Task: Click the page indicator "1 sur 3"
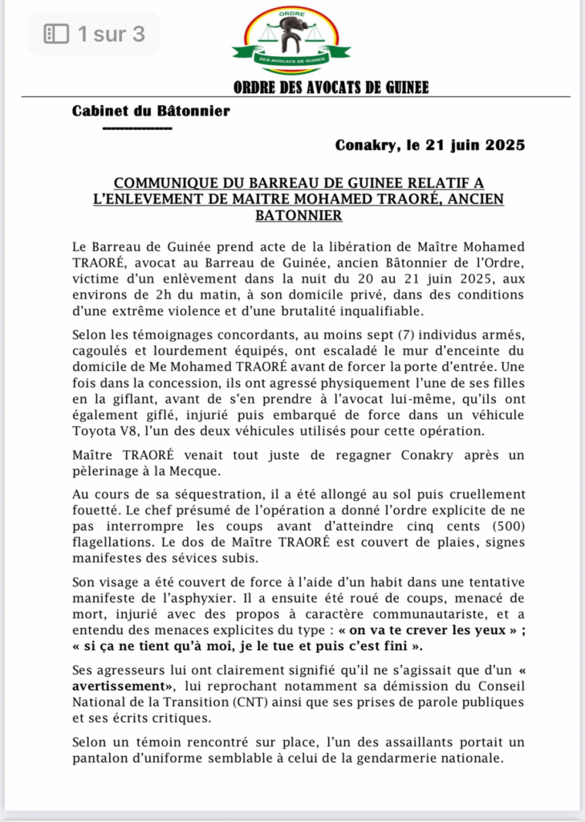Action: click(x=111, y=34)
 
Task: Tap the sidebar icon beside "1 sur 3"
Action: click(x=56, y=34)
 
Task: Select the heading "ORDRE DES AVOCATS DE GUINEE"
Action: click(x=331, y=87)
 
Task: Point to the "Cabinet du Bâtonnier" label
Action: click(x=151, y=111)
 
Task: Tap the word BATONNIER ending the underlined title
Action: click(x=299, y=215)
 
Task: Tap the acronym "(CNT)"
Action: click(x=241, y=702)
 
